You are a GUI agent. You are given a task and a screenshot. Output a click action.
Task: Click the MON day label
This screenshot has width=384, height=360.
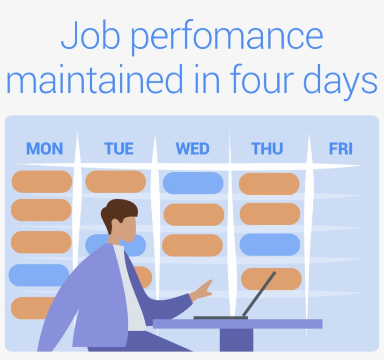click(44, 149)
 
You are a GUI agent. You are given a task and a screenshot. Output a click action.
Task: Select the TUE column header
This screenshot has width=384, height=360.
click(119, 149)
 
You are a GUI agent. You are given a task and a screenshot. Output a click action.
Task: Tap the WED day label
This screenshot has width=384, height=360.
click(192, 149)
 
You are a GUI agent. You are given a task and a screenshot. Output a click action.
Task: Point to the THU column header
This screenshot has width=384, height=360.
click(267, 149)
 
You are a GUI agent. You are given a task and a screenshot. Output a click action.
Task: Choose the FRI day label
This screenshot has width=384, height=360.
click(340, 149)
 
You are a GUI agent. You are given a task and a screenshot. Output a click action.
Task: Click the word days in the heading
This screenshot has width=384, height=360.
click(340, 82)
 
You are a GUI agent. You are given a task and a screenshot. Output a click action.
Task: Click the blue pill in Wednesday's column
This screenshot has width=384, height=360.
click(193, 183)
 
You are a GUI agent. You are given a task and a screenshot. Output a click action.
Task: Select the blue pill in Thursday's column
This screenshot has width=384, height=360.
click(270, 244)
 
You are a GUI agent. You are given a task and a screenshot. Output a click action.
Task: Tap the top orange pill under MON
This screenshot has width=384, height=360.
click(42, 182)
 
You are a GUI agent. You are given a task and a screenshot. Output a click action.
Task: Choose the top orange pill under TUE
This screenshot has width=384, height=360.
click(116, 182)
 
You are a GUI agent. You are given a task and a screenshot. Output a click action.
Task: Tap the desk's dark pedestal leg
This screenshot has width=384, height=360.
click(236, 339)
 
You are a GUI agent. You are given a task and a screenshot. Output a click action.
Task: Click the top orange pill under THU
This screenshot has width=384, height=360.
click(269, 184)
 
